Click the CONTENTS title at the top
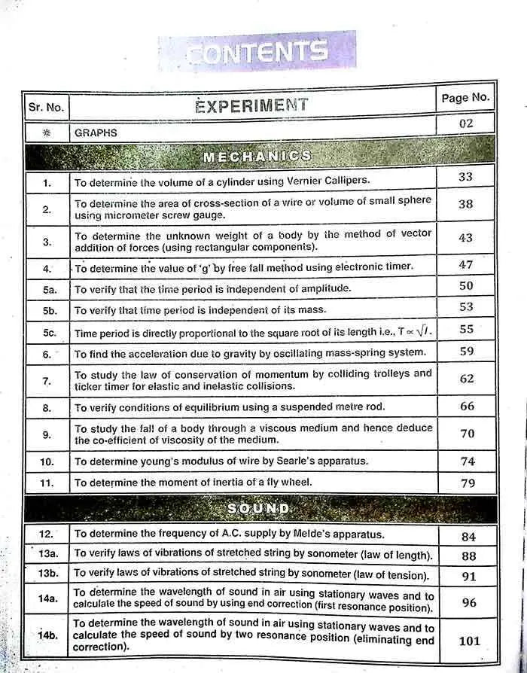pyautogui.click(x=257, y=52)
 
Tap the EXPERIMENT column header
pyautogui.click(x=251, y=105)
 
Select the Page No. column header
pyautogui.click(x=465, y=98)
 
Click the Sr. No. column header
pyautogui.click(x=47, y=107)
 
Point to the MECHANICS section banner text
pyautogui.click(x=257, y=156)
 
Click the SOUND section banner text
pyautogui.click(x=258, y=509)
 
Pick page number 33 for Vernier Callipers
pyautogui.click(x=466, y=177)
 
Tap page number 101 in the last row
pyautogui.click(x=469, y=641)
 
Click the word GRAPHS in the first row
pyautogui.click(x=96, y=132)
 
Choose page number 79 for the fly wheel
pyautogui.click(x=468, y=483)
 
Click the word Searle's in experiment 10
pyautogui.click(x=307, y=461)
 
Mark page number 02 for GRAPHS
pyautogui.click(x=466, y=123)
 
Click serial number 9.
pyautogui.click(x=47, y=434)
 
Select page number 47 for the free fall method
pyautogui.click(x=466, y=265)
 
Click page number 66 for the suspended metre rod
pyautogui.click(x=467, y=407)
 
